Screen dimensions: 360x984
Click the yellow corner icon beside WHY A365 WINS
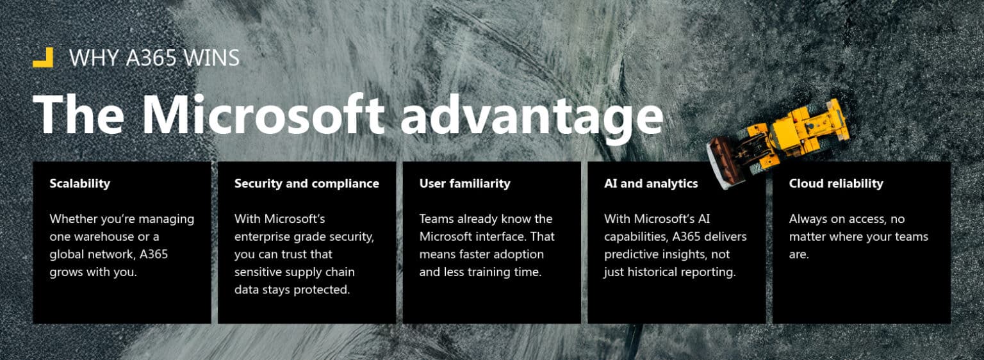(43, 58)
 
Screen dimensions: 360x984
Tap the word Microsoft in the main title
(263, 115)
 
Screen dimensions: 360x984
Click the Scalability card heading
(79, 184)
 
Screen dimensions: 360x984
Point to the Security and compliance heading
(306, 184)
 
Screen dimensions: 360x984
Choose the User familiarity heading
(464, 184)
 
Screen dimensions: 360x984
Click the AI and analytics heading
(650, 184)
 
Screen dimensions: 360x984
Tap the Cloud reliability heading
(835, 184)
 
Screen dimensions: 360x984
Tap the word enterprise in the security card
(265, 236)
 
